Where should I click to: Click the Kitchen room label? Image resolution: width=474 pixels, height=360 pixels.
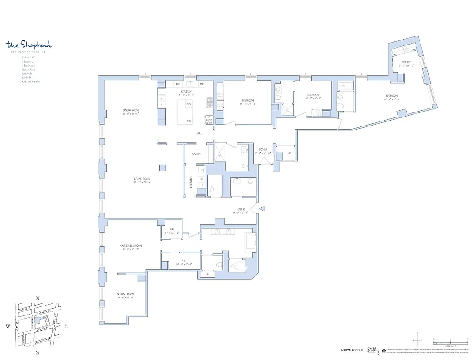coord(186,91)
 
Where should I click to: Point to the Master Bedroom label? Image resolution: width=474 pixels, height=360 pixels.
coord(130,245)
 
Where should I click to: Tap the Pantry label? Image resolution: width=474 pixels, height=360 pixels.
coord(195,154)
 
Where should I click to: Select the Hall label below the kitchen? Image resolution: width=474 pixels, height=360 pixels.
coord(198,133)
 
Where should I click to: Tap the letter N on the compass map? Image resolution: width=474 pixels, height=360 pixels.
coord(38,298)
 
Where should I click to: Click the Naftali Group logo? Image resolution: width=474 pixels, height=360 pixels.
coord(351,351)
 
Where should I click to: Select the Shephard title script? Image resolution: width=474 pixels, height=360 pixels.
coord(29,45)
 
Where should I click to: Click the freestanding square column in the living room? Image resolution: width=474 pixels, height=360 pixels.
coord(161,168)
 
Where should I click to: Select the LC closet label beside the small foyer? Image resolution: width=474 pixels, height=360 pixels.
coord(289,153)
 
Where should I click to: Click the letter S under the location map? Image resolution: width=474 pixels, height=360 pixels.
coord(38,353)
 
